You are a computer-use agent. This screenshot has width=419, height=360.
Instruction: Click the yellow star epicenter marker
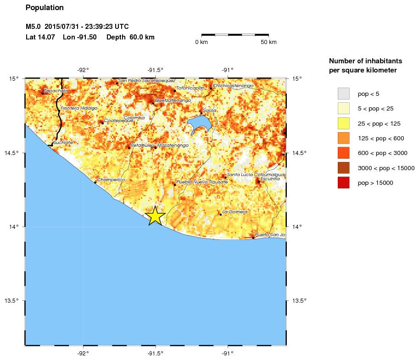coord(156,216)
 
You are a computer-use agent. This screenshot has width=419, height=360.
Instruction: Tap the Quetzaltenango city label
coord(173,100)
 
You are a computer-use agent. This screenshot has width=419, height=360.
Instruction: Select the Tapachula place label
coord(56,91)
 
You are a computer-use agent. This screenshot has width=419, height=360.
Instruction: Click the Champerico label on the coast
coord(112,180)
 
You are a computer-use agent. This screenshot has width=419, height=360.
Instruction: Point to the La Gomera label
coord(235,212)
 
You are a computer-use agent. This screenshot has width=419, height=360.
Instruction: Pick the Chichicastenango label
coord(233,85)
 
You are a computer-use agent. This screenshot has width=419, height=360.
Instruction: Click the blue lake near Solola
coord(200,124)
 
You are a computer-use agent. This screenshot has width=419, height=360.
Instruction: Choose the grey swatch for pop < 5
coord(343,94)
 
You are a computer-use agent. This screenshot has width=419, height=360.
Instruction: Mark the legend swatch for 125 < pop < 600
coord(343,138)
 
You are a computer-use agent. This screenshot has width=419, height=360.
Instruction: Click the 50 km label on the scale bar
coord(268,42)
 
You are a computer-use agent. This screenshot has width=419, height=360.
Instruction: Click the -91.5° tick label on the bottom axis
coord(155,353)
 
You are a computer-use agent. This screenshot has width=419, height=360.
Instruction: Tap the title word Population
coord(45,8)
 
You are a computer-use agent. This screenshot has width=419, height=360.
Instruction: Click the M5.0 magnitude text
coord(34,27)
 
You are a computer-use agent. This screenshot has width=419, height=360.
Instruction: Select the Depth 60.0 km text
coord(130,37)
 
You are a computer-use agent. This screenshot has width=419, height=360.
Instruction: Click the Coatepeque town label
coord(118,121)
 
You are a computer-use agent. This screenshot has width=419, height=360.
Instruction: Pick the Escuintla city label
coord(270,179)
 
